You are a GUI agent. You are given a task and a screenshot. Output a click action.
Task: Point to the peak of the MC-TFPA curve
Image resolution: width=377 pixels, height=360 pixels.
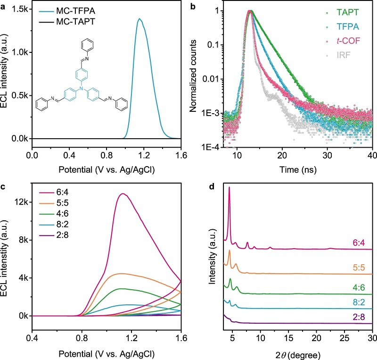click(x=139, y=19)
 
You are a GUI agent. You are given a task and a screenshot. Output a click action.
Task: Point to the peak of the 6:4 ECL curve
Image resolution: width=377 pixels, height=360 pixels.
click(x=123, y=193)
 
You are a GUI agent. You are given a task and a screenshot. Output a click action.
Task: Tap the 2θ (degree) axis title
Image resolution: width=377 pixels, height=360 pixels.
click(x=296, y=352)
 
